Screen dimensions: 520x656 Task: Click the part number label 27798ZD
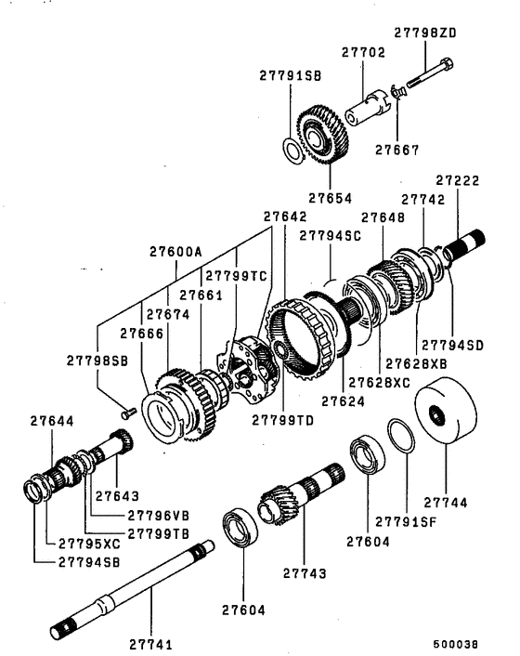[x=425, y=33]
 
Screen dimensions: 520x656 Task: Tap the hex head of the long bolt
[x=446, y=64]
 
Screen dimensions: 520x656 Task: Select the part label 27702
[x=363, y=52]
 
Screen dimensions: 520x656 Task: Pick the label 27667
[x=396, y=150]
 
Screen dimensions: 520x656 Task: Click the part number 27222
[x=457, y=180]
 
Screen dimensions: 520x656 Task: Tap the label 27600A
[x=175, y=252]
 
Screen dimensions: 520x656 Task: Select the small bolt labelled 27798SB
[x=128, y=413]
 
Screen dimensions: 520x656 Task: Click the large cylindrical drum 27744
[x=446, y=410]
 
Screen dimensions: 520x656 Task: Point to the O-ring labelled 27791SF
[x=401, y=436]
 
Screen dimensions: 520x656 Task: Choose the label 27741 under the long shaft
[x=151, y=644]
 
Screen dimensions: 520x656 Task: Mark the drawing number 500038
[x=455, y=644]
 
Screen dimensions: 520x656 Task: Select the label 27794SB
[x=89, y=562]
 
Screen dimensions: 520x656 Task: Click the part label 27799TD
[x=282, y=420]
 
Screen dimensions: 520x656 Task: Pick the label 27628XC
[x=380, y=383]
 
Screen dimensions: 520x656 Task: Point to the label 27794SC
[x=331, y=235]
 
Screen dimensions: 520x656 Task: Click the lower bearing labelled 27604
[x=240, y=527]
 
